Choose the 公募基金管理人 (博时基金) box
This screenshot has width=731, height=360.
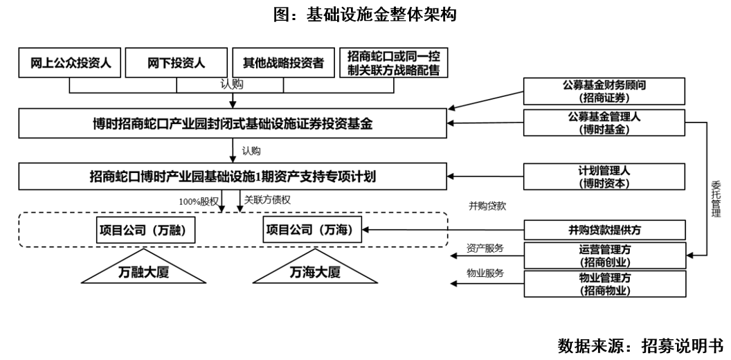coord(604,123)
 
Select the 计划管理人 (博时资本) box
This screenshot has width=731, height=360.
coord(604,177)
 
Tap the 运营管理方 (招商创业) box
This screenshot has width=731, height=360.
coord(604,255)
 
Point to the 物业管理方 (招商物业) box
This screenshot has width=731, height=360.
coord(604,284)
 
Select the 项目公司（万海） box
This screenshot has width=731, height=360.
coord(313,229)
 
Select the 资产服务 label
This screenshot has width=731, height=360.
coord(485,248)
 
